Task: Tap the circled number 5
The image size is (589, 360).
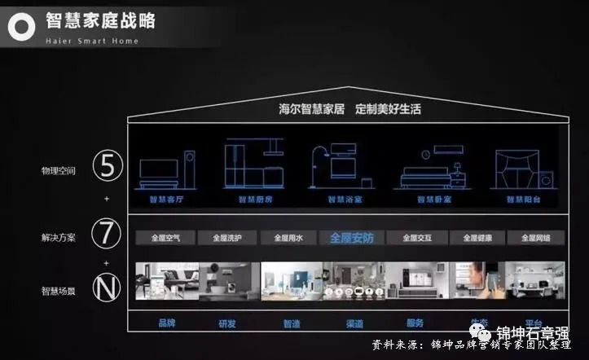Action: click(x=107, y=169)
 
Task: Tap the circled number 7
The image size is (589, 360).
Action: click(x=107, y=234)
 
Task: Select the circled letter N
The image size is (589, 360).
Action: click(x=107, y=289)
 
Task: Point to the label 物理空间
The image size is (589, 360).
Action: click(x=59, y=171)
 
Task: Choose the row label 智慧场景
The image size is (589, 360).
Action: click(x=59, y=290)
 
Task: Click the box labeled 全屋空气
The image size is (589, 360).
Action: click(x=166, y=238)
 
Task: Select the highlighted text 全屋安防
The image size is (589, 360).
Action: click(x=353, y=238)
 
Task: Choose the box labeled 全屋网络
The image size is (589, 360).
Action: click(x=535, y=238)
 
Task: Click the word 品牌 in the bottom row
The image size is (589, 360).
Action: click(x=166, y=323)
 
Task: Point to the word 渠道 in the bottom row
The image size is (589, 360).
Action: click(x=354, y=323)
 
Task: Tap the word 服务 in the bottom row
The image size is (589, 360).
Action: click(x=415, y=323)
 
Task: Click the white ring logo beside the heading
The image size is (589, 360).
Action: click(x=22, y=27)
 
